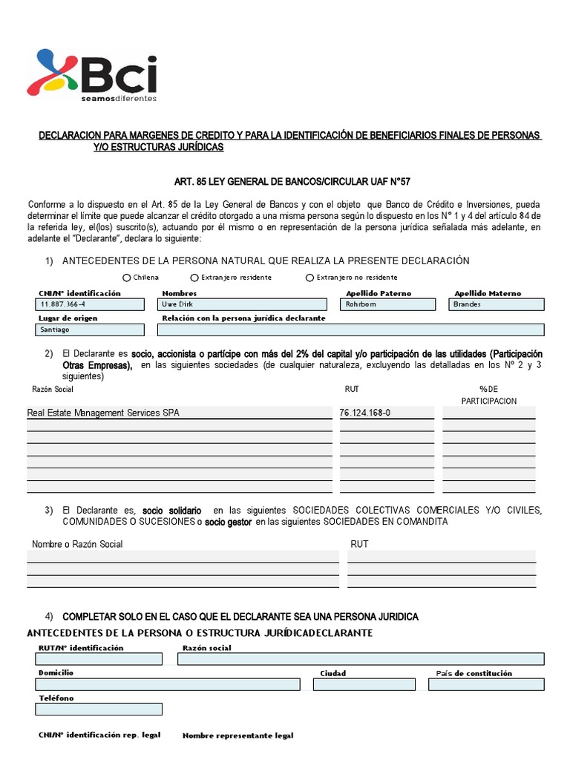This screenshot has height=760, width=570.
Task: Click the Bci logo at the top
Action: pyautogui.click(x=92, y=74)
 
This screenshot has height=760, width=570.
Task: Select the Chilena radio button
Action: pyautogui.click(x=128, y=278)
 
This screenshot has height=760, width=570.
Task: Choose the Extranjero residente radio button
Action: pyautogui.click(x=194, y=278)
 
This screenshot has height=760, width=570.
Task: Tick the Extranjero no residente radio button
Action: pyautogui.click(x=309, y=278)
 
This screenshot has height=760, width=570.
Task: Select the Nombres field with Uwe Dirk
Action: pyautogui.click(x=242, y=304)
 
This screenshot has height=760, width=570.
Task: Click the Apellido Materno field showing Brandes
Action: pyautogui.click(x=497, y=304)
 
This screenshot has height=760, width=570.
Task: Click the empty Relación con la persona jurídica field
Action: pyautogui.click(x=351, y=330)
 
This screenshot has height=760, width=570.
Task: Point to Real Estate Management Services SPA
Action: pyautogui.click(x=103, y=413)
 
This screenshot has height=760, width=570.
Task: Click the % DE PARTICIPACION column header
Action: pyautogui.click(x=489, y=395)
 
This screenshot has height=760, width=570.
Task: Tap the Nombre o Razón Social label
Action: pyautogui.click(x=77, y=544)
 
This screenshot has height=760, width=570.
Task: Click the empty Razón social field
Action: pyautogui.click(x=360, y=659)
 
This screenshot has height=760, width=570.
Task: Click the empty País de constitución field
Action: pyautogui.click(x=485, y=684)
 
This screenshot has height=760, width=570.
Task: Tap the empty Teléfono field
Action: pyautogui.click(x=98, y=710)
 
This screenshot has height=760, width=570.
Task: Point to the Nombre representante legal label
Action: pyautogui.click(x=237, y=736)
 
